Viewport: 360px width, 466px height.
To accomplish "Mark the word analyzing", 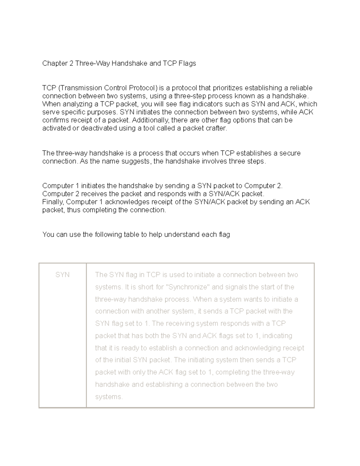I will pyautogui.click(x=76, y=104).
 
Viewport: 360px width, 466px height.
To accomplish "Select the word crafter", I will pyautogui.click(x=218, y=128).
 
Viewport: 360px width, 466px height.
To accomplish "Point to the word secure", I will pyautogui.click(x=290, y=153).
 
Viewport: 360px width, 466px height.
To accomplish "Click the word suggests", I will pyautogui.click(x=135, y=161).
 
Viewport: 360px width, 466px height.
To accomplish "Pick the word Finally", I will pyautogui.click(x=53, y=202).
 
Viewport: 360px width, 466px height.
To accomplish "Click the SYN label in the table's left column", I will pyautogui.click(x=62, y=275).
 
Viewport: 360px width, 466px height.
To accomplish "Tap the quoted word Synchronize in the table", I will pyautogui.click(x=187, y=287).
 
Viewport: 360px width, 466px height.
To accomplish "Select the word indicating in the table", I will pyautogui.click(x=277, y=336).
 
